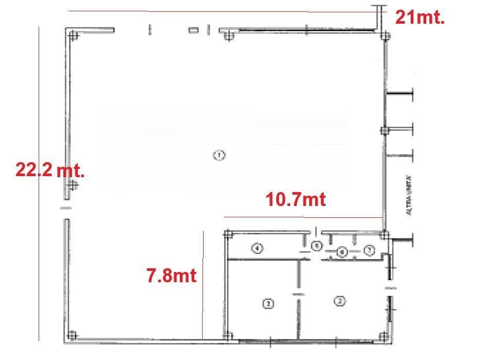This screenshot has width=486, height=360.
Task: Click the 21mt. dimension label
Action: click(x=420, y=18)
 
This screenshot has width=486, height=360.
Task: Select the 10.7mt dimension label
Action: click(x=295, y=199)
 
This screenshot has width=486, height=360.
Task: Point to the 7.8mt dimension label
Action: click(x=172, y=276)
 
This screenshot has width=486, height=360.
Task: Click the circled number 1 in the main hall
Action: click(x=219, y=155)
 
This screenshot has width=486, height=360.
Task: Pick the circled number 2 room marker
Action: click(x=339, y=302)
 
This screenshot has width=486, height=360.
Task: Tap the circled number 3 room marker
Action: click(x=268, y=304)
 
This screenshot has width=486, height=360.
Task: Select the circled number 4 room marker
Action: click(x=258, y=249)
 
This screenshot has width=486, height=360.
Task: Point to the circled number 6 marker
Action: click(x=342, y=252)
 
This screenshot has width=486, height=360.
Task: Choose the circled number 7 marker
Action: click(x=368, y=251)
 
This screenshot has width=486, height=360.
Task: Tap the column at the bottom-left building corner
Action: click(x=73, y=336)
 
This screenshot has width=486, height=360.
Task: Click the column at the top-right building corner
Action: click(x=383, y=36)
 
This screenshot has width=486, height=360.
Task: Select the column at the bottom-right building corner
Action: click(x=383, y=337)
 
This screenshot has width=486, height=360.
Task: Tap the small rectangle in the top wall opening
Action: click(x=194, y=30)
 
